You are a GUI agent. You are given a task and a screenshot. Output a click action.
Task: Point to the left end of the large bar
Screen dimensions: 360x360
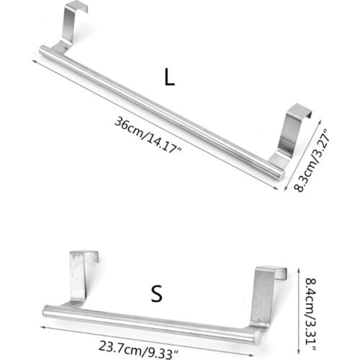[43, 51]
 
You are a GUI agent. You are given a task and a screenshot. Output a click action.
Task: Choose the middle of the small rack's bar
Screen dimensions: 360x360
[151, 323]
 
